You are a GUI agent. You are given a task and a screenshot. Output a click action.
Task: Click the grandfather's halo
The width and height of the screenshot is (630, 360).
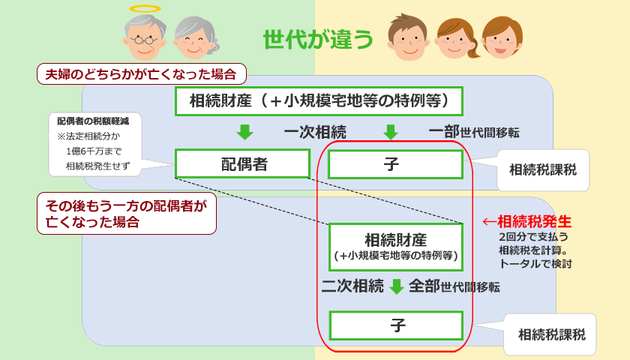pos(145,9)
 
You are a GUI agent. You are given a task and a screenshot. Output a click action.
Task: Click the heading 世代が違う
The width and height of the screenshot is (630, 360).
pos(318,39)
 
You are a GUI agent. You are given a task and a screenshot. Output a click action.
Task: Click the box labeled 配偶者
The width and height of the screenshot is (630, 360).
pos(242,164)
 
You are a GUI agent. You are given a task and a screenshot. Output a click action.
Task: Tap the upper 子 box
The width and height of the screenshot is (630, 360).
pos(395,164)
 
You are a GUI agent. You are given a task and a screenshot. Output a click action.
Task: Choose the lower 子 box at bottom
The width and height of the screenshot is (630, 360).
pos(396,325)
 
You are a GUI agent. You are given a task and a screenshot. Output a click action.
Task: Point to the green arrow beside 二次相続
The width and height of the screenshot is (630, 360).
pos(396,286)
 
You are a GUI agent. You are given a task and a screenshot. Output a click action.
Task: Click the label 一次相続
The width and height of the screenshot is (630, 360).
pos(314,133)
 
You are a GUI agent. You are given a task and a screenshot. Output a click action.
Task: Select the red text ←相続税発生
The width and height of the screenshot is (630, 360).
pos(526,221)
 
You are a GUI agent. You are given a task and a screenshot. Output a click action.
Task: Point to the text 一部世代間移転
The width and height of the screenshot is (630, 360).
pos(474,132)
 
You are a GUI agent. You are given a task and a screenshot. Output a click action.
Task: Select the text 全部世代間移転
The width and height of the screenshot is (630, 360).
pos(454,286)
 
